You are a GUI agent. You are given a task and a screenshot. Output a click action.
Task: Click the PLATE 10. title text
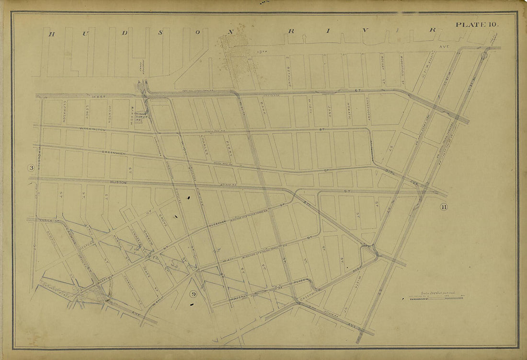pos(477,24)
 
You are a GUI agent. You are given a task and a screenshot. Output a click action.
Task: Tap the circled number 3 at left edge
pos(31,168)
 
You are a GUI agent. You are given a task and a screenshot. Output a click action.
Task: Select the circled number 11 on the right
pos(443,207)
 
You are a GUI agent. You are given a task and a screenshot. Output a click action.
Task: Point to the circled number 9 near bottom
pos(193,294)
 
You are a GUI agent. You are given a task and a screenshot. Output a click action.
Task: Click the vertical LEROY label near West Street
pos(88,112)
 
